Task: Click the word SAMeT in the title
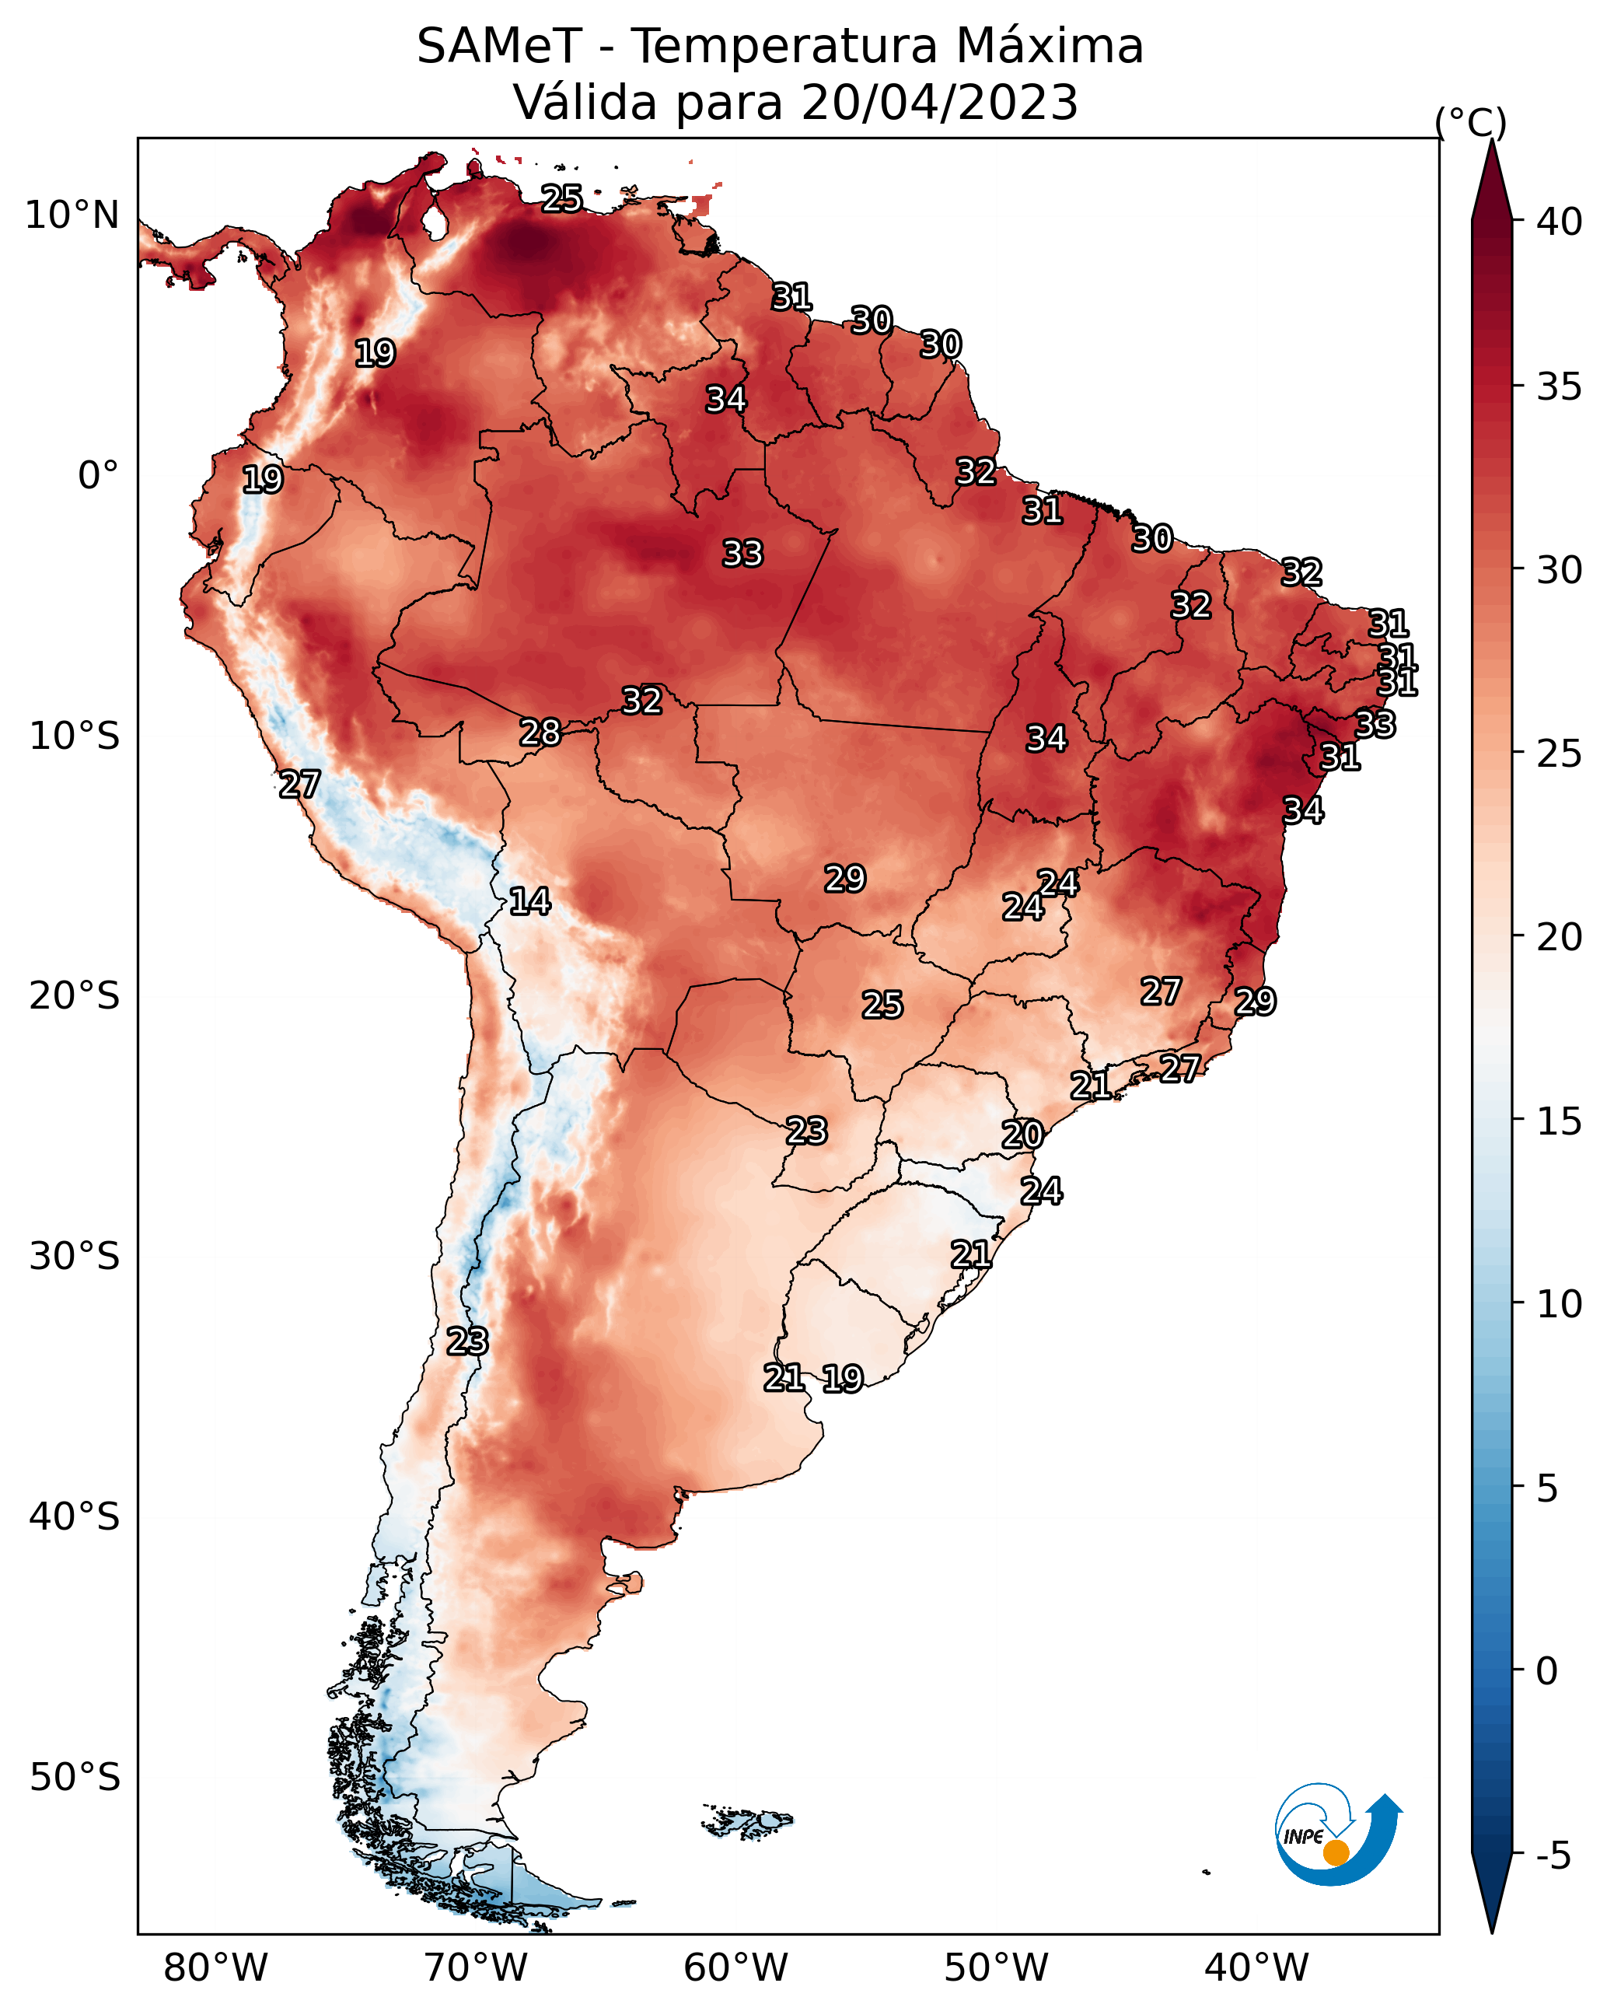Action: click(499, 47)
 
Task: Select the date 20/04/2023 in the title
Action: click(939, 103)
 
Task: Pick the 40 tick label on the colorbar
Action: click(1560, 222)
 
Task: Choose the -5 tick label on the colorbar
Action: click(1553, 1856)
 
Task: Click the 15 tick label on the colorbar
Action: click(1560, 1121)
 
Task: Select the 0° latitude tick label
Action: click(99, 476)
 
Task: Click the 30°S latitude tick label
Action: click(75, 1257)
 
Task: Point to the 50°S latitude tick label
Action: click(75, 1778)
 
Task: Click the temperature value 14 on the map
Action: click(529, 901)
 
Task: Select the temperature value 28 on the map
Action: click(540, 733)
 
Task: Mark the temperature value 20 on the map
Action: click(1022, 1135)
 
